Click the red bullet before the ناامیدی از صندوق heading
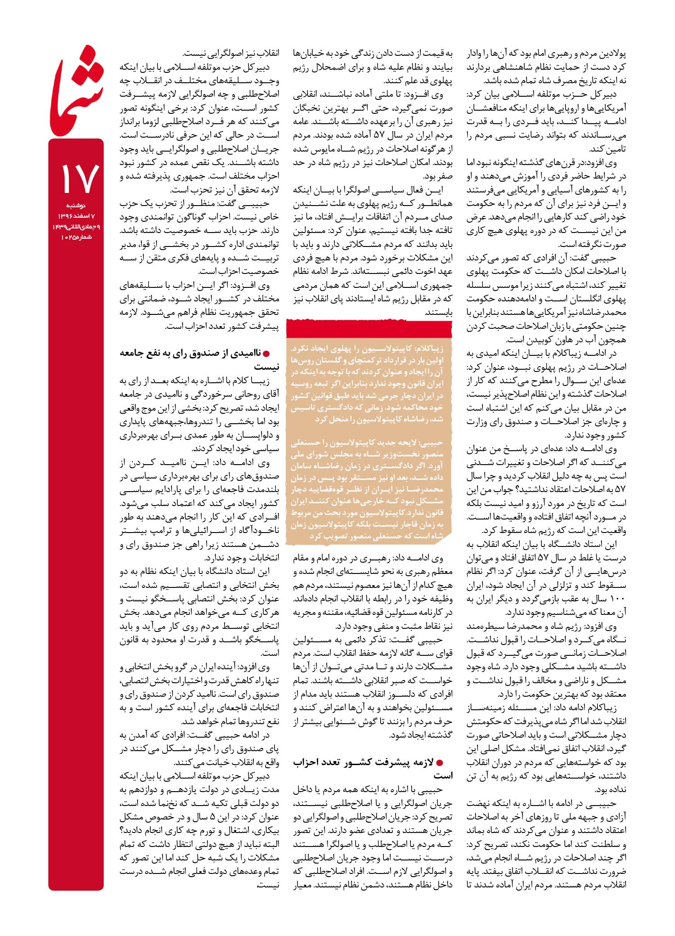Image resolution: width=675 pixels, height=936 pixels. [271, 353]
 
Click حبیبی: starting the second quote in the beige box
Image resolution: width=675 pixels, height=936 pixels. [432, 443]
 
